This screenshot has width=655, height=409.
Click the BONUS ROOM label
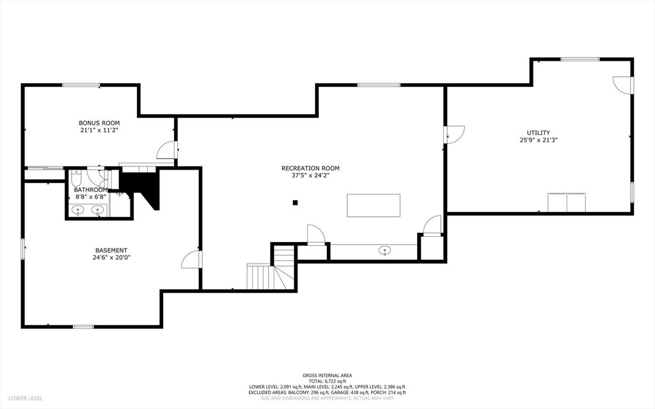click(x=99, y=123)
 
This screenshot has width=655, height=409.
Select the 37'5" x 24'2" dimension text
click(x=310, y=175)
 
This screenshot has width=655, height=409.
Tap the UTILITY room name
click(x=538, y=132)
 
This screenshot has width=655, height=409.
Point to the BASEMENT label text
click(x=111, y=250)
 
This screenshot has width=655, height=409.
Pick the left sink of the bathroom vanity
click(x=77, y=211)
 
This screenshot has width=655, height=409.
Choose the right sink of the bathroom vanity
click(x=98, y=211)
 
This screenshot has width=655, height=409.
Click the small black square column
click(x=295, y=203)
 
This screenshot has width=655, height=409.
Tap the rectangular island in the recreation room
click(x=374, y=205)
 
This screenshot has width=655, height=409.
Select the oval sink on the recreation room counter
click(x=384, y=250)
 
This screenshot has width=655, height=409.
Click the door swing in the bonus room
click(x=166, y=150)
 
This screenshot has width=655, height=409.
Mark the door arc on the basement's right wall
click(x=190, y=259)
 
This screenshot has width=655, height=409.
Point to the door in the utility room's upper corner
click(x=622, y=85)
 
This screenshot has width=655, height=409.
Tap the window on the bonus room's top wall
click(x=81, y=85)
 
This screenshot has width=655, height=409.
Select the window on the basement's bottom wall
click(x=84, y=326)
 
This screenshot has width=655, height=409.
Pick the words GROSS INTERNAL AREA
click(x=327, y=376)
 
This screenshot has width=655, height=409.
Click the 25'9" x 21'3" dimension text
click(x=539, y=140)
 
